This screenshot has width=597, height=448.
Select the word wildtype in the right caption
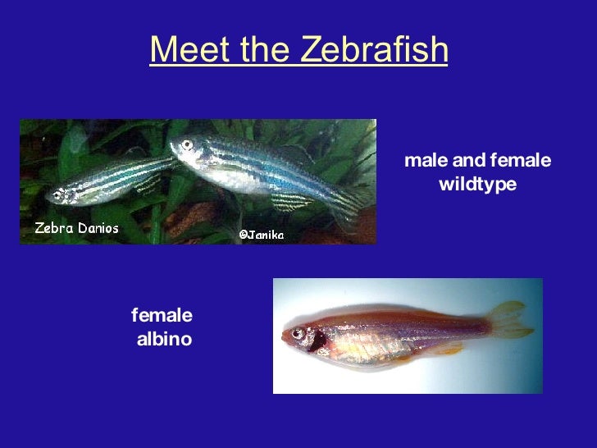pyautogui.click(x=477, y=184)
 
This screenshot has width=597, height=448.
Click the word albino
pyautogui.click(x=164, y=339)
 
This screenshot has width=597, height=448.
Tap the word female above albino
pyautogui.click(x=162, y=315)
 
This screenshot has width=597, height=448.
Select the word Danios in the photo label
pyautogui.click(x=97, y=228)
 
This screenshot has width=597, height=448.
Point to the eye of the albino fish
pyautogui.click(x=297, y=333)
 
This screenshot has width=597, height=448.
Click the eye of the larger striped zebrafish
pyautogui.click(x=187, y=145)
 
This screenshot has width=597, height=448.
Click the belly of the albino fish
pyautogui.click(x=369, y=349)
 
